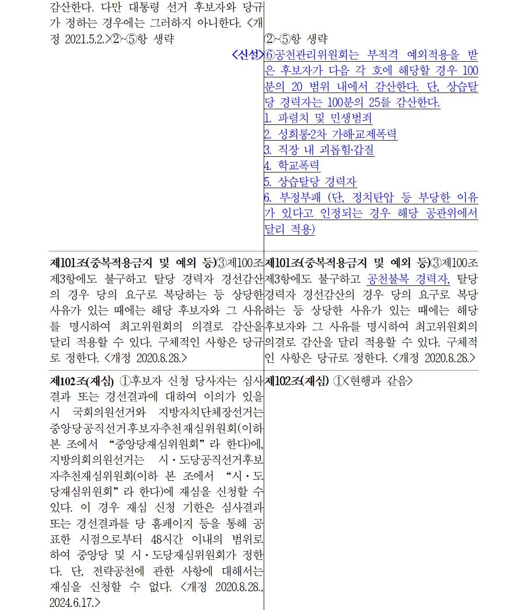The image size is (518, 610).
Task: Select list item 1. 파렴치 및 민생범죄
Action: coord(318,118)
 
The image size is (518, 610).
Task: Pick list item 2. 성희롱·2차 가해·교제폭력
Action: coord(331,134)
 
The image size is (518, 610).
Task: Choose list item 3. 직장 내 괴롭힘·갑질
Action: coord(319,151)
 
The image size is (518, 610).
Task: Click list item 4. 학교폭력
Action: coord(292,166)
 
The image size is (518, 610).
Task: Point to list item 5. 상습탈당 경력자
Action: coord(310,182)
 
